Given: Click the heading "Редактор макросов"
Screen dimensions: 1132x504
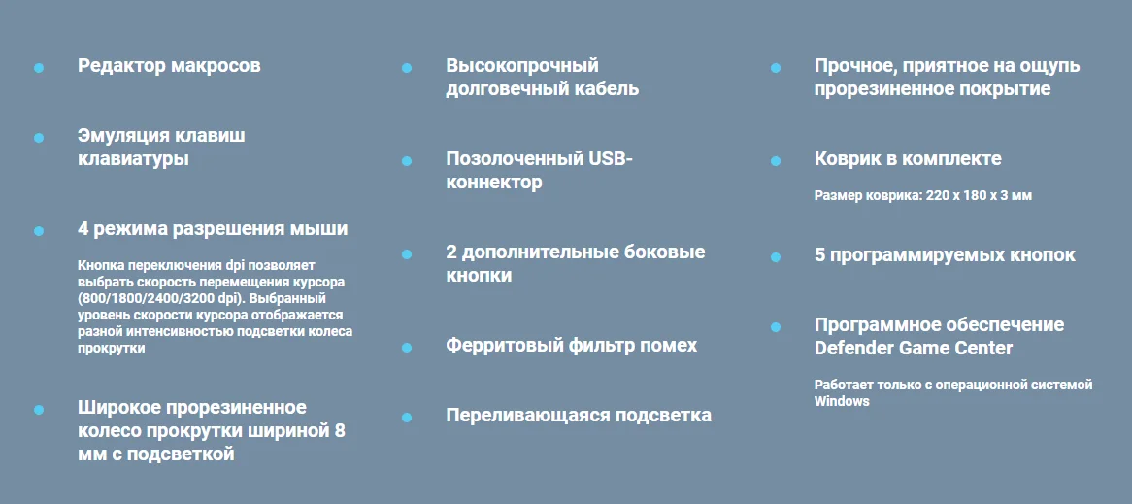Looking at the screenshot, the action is point(169,66).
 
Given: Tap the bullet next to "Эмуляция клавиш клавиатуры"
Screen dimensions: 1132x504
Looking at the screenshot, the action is point(39,138).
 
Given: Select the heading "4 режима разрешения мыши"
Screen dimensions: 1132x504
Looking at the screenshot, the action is point(213,229).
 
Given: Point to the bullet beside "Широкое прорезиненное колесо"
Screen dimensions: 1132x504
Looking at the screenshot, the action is point(39,410).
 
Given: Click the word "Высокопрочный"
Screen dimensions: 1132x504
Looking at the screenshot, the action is point(522,66).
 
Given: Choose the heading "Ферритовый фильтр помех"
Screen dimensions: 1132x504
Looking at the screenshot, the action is point(571,345).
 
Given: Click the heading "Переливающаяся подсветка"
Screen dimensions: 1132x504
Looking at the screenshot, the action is point(579,416).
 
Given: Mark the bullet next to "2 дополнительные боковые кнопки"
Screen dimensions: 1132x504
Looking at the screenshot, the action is point(407,254).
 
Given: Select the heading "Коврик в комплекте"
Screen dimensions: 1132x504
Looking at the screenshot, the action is point(908,159).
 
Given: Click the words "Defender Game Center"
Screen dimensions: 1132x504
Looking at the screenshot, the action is point(914,348).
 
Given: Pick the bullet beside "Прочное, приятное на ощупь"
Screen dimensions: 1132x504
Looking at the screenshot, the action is point(776,68).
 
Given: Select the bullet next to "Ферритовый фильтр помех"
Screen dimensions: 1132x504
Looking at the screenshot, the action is point(407,348).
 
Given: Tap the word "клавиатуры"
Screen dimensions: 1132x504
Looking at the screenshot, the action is point(134,159).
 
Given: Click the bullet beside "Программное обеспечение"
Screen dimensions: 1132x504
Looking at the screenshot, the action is point(776,327).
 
